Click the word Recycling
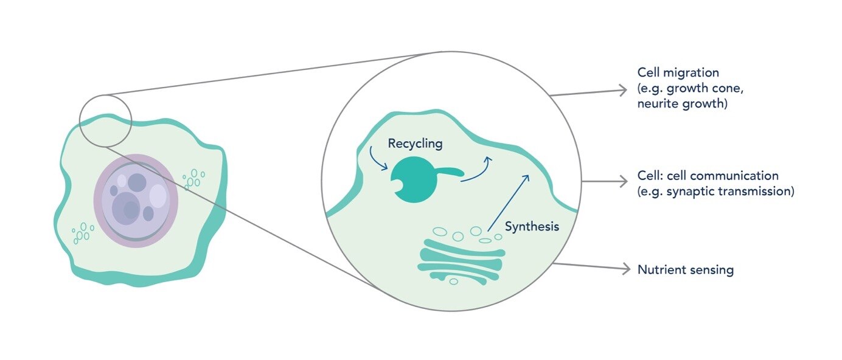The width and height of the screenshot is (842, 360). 416,144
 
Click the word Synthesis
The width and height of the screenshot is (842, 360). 532,227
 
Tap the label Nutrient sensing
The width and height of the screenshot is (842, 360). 685,269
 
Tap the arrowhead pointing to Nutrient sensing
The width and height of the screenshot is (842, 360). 625,269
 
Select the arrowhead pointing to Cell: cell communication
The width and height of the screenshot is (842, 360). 623,181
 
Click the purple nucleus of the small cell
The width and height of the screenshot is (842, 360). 135,200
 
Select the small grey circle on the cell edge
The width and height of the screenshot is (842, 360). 105,120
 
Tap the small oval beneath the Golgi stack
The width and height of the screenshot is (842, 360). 453,282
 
